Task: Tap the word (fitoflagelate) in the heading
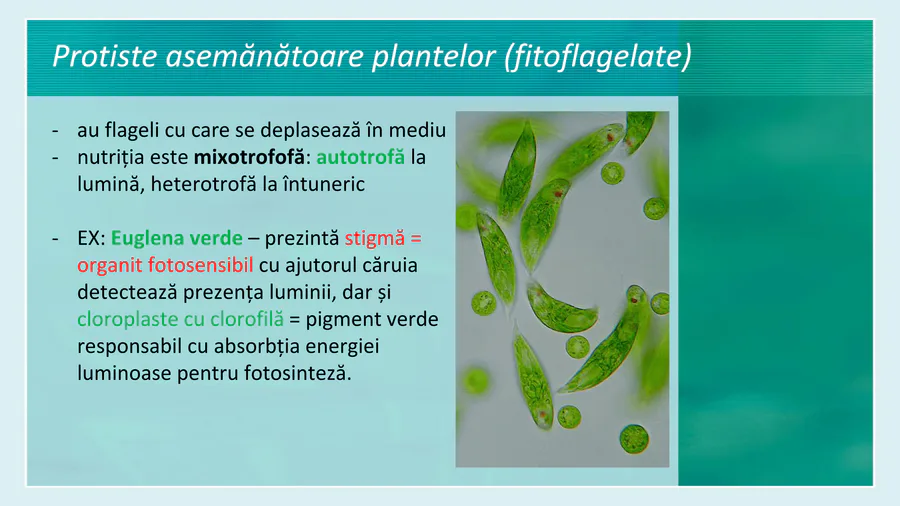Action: [x=598, y=57]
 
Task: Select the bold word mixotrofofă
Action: [x=250, y=158]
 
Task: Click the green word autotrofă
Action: [x=360, y=157]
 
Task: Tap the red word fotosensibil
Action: [x=200, y=265]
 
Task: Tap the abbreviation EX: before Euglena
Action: [x=91, y=238]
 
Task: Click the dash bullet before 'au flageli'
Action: [x=55, y=131]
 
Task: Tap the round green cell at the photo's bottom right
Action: [x=634, y=439]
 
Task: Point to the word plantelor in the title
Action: [x=434, y=57]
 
